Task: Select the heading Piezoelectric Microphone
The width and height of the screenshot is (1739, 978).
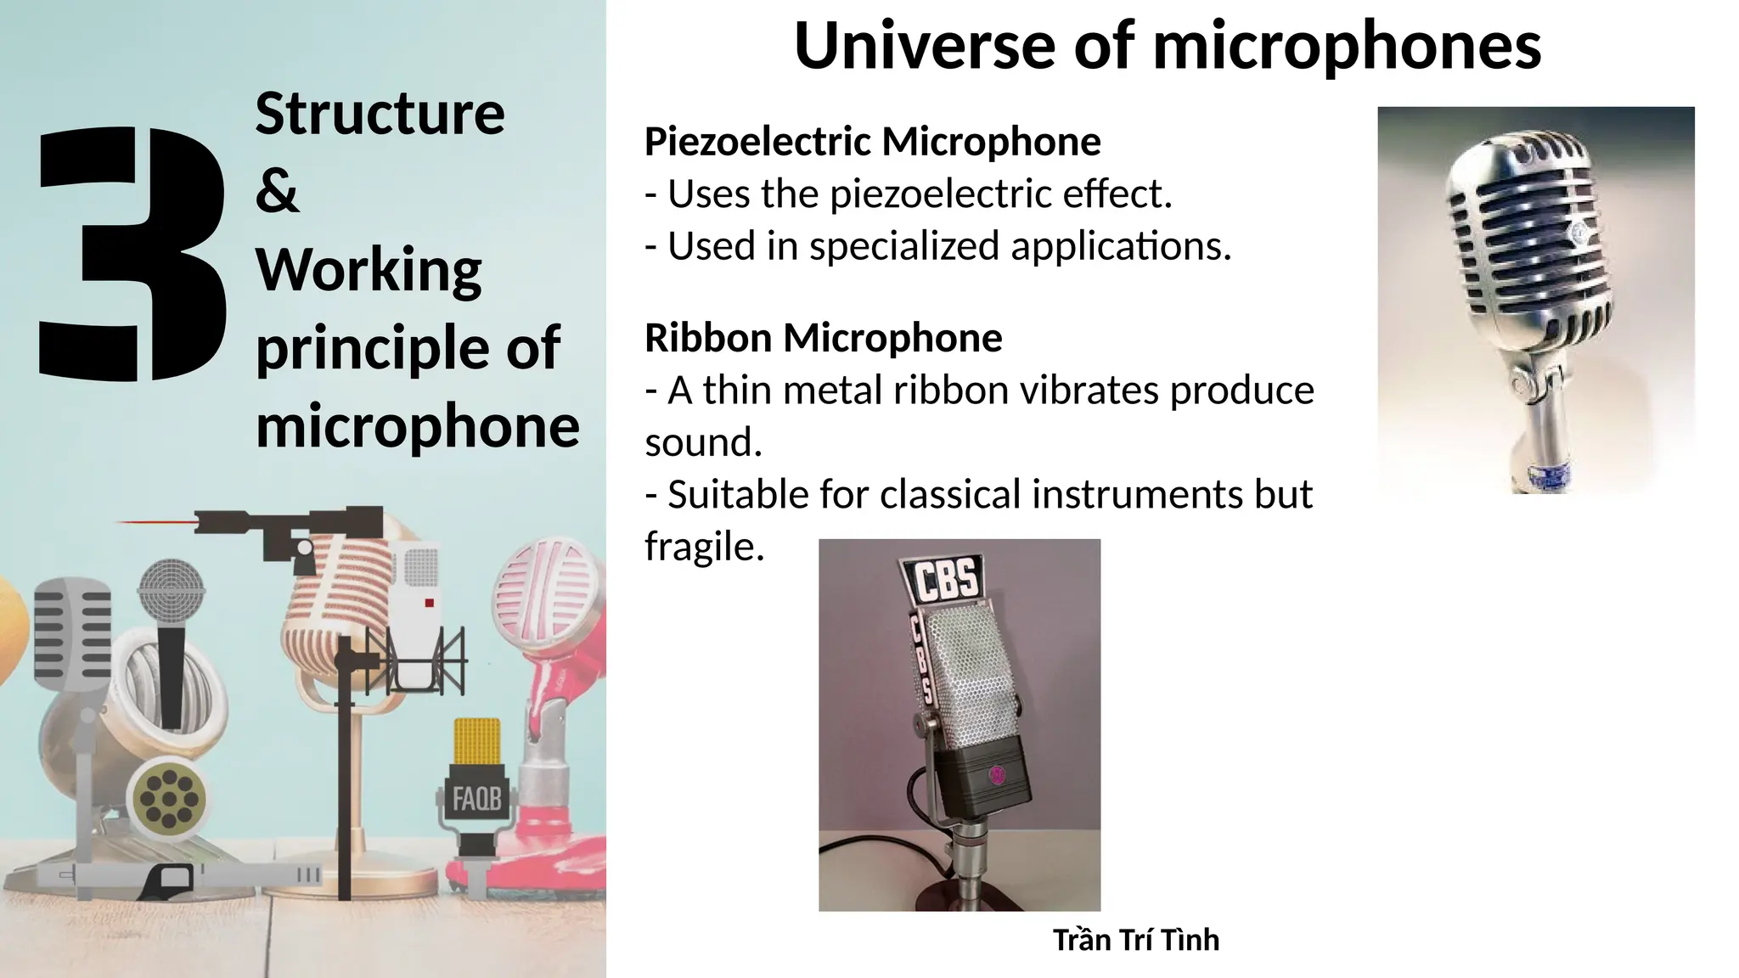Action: point(872,142)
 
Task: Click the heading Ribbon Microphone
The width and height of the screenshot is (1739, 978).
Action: point(823,338)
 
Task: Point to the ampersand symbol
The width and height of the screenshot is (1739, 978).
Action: point(277,191)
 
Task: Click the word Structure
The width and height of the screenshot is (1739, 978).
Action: point(380,113)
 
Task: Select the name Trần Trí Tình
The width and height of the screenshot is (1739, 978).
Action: point(1135,940)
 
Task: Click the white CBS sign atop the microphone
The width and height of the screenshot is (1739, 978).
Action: point(946,580)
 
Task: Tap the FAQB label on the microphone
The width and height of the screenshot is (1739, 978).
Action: point(476,799)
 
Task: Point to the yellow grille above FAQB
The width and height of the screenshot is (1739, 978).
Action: point(476,741)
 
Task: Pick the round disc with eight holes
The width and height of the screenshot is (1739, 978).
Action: point(169,799)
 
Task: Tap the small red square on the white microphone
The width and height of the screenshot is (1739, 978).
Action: point(429,603)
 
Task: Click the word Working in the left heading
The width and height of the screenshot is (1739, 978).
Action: point(369,270)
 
